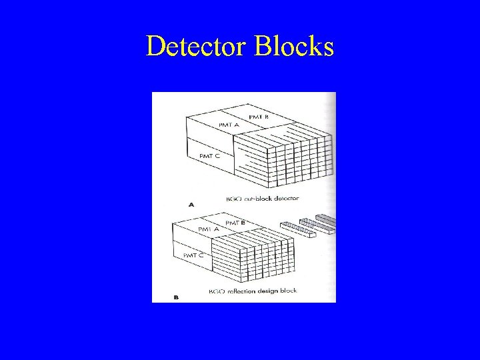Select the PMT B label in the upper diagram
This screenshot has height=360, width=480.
pyautogui.click(x=259, y=117)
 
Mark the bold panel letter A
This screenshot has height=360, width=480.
pyautogui.click(x=192, y=205)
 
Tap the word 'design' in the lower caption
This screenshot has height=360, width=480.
pyautogui.click(x=271, y=291)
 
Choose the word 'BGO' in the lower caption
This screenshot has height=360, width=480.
pyautogui.click(x=215, y=291)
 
